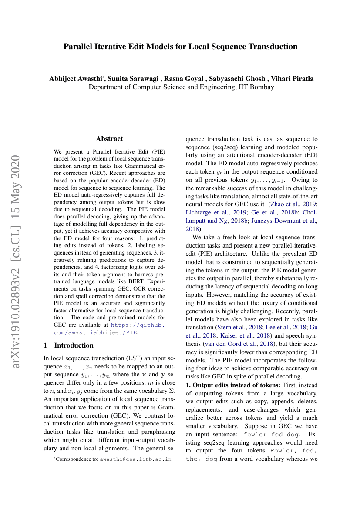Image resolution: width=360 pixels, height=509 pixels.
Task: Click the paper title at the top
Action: (180, 47)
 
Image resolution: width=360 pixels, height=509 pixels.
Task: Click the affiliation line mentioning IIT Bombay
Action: (181, 87)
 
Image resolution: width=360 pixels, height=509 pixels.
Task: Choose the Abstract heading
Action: (109, 139)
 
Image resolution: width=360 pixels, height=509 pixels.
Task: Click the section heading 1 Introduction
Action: (69, 345)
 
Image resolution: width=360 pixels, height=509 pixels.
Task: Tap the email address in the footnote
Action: (135, 459)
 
